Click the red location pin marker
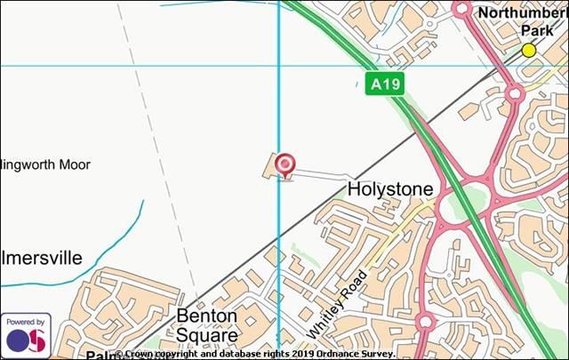(284, 164)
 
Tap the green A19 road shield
(385, 84)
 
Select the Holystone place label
(389, 189)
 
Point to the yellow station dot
(529, 50)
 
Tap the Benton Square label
(207, 325)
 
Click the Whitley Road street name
(338, 303)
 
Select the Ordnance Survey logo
(25, 340)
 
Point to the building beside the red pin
(270, 166)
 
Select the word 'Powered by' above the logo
(25, 321)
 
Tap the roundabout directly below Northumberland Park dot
(514, 92)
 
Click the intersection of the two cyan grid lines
(279, 66)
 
